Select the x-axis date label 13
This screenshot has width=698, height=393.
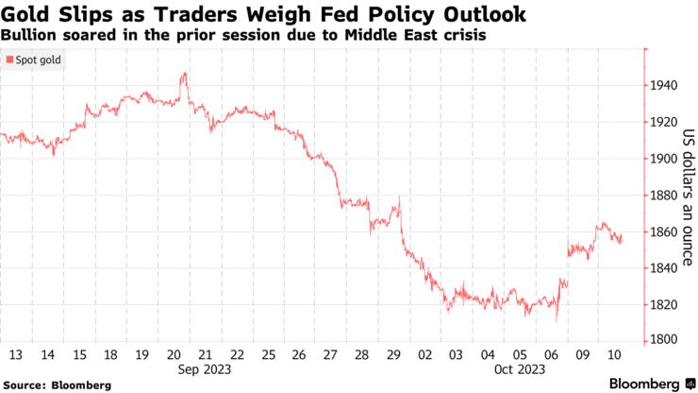16,354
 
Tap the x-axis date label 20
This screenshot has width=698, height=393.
176,354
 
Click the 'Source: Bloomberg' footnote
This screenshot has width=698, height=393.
57,385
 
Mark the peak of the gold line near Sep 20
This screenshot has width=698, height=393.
184,73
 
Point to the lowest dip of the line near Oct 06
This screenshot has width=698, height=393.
557,319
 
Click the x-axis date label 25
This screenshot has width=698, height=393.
268,354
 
